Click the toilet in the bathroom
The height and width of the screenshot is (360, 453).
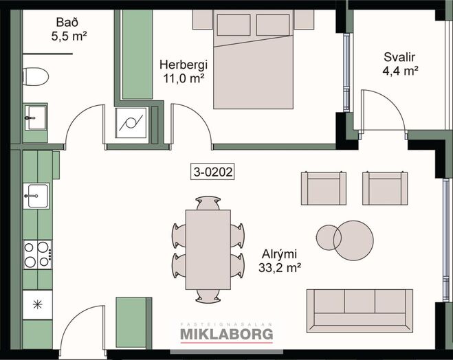(x=36, y=76)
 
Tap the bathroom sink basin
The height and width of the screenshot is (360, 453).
(x=35, y=117)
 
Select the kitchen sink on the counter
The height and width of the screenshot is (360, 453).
(x=36, y=196)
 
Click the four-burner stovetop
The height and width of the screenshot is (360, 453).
(x=38, y=255)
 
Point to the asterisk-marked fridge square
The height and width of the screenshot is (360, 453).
(x=38, y=304)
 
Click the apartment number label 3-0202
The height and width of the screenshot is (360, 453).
(x=212, y=172)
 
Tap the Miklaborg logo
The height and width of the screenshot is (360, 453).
(x=227, y=333)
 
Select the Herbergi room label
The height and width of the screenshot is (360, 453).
(x=184, y=65)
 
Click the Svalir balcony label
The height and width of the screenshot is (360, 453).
(x=399, y=57)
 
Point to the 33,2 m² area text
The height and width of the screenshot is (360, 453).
(x=280, y=268)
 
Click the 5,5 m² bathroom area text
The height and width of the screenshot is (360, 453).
(x=69, y=36)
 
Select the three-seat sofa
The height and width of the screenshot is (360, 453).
(x=360, y=311)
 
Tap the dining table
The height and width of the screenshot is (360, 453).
(x=208, y=249)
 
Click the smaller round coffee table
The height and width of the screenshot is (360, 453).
(x=329, y=238)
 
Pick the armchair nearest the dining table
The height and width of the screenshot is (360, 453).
(x=324, y=188)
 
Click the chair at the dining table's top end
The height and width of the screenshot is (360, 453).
(x=208, y=203)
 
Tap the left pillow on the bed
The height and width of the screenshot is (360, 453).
(x=234, y=25)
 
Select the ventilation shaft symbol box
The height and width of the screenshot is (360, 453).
(x=132, y=123)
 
